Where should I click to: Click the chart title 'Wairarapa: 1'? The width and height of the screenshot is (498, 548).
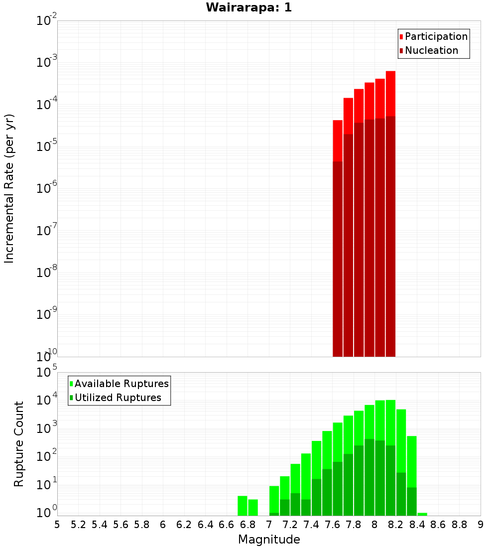click(249, 8)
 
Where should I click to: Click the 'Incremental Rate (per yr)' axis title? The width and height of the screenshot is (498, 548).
click(9, 188)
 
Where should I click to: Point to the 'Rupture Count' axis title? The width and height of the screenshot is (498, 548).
click(19, 443)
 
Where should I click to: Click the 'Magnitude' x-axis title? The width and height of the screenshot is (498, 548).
click(269, 540)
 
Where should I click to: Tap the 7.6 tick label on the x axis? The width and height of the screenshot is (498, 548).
click(332, 525)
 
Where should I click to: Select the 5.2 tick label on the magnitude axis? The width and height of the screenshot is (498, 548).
click(78, 525)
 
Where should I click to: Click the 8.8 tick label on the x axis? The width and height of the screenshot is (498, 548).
click(459, 525)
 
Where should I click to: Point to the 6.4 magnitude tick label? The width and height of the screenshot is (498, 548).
click(205, 525)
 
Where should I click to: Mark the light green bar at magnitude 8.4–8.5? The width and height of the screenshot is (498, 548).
click(422, 514)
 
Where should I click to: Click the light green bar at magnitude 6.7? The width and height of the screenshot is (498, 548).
click(243, 506)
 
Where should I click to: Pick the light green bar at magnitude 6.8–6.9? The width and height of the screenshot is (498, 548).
click(253, 507)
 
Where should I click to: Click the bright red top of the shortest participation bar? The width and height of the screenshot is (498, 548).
click(338, 140)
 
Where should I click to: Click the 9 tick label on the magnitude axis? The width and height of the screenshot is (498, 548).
click(480, 525)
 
